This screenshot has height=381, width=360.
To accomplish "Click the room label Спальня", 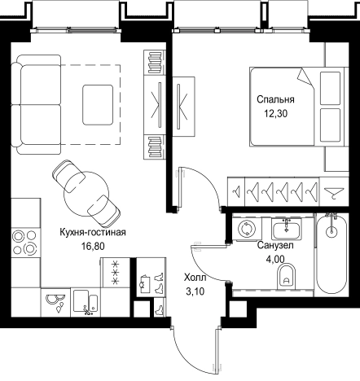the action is click(275, 100).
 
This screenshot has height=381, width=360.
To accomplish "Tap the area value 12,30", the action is click(276, 114).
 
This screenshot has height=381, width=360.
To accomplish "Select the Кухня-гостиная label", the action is click(93, 232).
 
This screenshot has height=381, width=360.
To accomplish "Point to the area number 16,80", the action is click(93, 246).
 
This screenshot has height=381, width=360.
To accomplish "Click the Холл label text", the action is click(195, 278).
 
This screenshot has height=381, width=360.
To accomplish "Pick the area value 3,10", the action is click(195, 291).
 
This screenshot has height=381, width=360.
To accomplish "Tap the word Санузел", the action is click(275, 246).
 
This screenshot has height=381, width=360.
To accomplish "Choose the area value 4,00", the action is click(275, 259).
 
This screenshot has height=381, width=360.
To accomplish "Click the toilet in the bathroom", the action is click(287, 276).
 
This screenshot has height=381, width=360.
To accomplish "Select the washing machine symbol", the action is click(247, 228).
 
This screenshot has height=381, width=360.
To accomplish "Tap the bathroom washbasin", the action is click(286, 230).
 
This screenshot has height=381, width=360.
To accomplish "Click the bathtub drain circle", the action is click(331, 231).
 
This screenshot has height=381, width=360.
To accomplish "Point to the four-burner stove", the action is click(24, 243).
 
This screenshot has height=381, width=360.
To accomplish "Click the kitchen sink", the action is click(86, 302).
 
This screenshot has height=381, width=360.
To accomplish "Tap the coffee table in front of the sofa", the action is click(98, 105).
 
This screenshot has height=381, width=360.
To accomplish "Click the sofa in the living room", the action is click(36, 105).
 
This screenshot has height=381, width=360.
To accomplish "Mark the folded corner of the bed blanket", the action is click(305, 77).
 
